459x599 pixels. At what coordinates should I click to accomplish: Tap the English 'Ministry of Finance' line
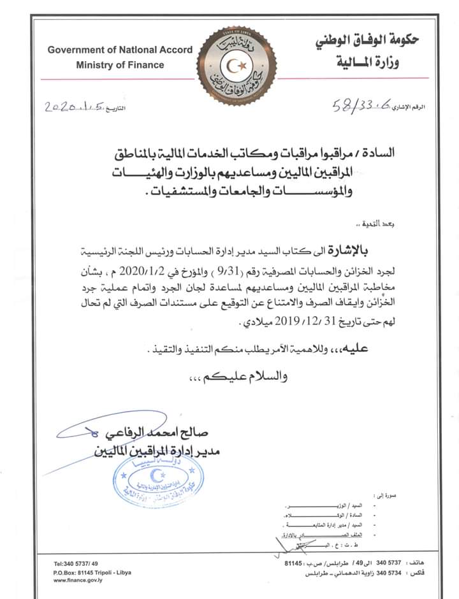pyautogui.click(x=120, y=64)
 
